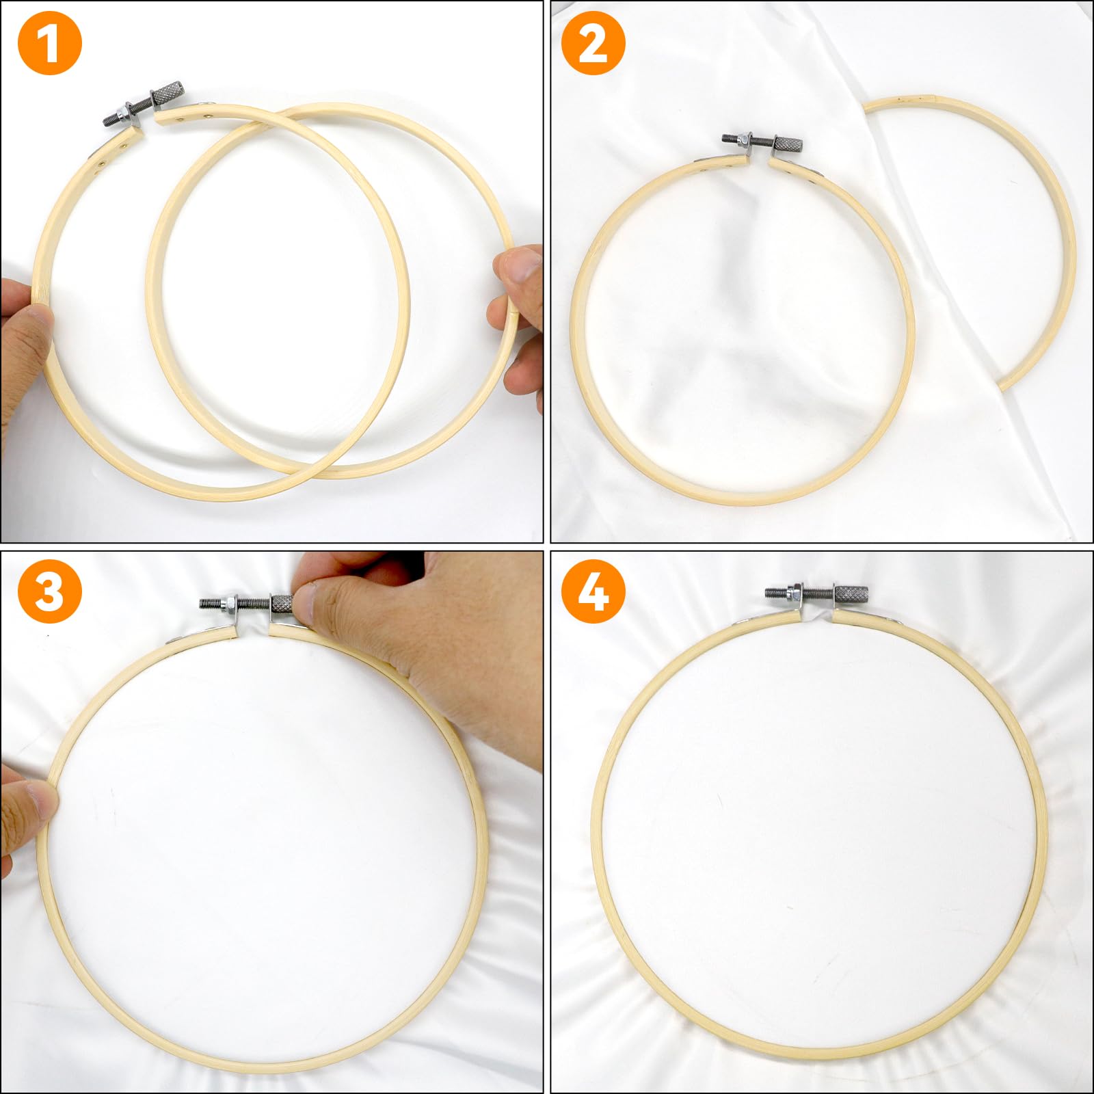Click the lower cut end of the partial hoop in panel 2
[x=1006, y=384]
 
